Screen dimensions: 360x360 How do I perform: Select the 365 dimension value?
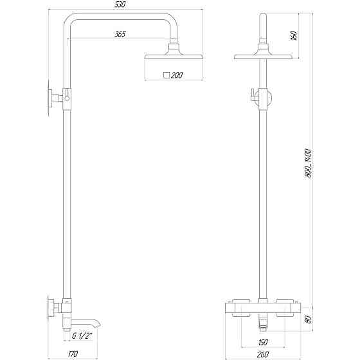[120, 34]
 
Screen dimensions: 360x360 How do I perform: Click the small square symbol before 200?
[166, 75]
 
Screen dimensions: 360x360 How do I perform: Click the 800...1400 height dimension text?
[309, 161]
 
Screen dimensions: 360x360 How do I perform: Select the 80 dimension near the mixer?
[309, 318]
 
